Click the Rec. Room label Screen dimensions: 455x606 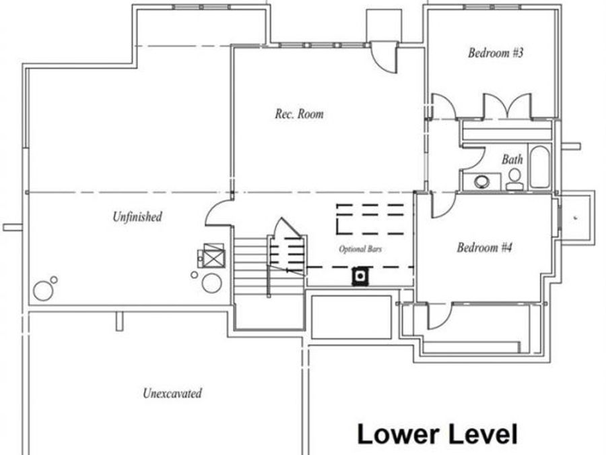[299, 114]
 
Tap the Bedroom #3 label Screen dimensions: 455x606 [496, 53]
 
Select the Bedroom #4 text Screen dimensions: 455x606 [485, 247]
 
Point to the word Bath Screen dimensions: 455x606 [512, 160]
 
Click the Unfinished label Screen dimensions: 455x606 [137, 217]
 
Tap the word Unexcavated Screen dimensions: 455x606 [172, 393]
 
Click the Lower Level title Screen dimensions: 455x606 [437, 433]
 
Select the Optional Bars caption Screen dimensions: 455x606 [362, 249]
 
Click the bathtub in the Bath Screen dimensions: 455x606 [539, 167]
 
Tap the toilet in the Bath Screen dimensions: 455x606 [515, 178]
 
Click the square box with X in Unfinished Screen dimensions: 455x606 [214, 255]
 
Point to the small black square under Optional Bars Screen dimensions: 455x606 [361, 275]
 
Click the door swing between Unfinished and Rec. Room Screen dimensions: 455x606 [219, 214]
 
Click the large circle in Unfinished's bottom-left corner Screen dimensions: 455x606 [43, 291]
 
